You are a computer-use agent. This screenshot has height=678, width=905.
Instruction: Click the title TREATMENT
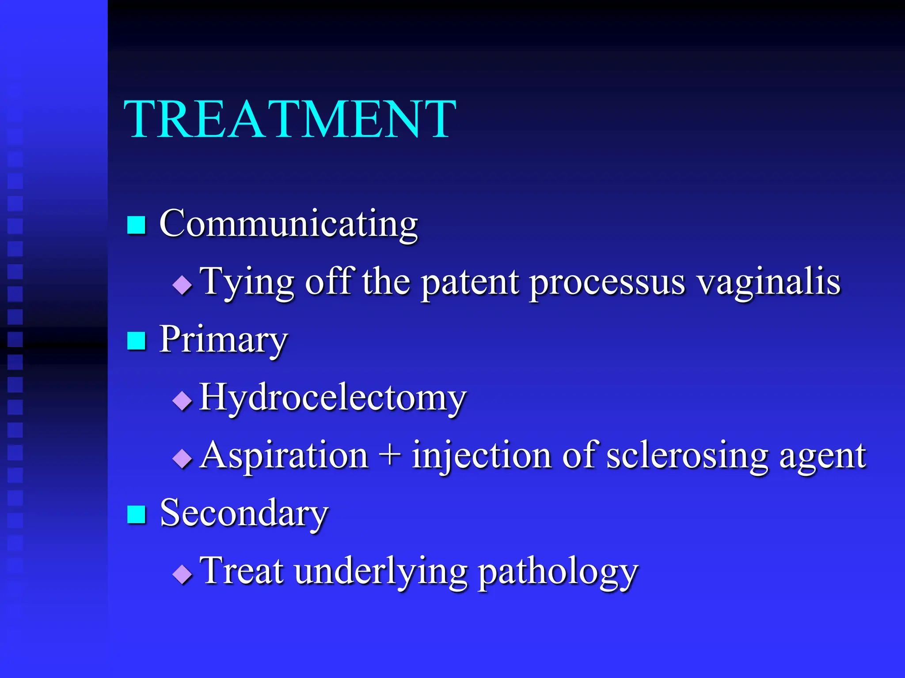point(289,119)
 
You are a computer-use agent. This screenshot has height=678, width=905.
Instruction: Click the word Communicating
point(288,224)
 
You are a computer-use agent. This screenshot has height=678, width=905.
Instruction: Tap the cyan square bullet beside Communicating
point(137,225)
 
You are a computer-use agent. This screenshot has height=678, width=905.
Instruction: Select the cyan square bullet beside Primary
point(137,340)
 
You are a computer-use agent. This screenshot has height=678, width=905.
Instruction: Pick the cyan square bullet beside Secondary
point(137,514)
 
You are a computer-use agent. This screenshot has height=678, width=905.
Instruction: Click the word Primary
point(223,340)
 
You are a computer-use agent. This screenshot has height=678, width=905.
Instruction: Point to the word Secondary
point(244,513)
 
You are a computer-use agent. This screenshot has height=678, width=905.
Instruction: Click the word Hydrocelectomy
point(332,398)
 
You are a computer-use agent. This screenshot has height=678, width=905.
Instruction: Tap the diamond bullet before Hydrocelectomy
point(182,401)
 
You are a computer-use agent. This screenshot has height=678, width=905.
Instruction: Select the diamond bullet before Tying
point(182,285)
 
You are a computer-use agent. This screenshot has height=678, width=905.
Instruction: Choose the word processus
point(608,282)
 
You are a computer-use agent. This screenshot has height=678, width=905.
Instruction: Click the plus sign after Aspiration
point(390,456)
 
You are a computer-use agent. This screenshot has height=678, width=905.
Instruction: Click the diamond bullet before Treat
point(182,574)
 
